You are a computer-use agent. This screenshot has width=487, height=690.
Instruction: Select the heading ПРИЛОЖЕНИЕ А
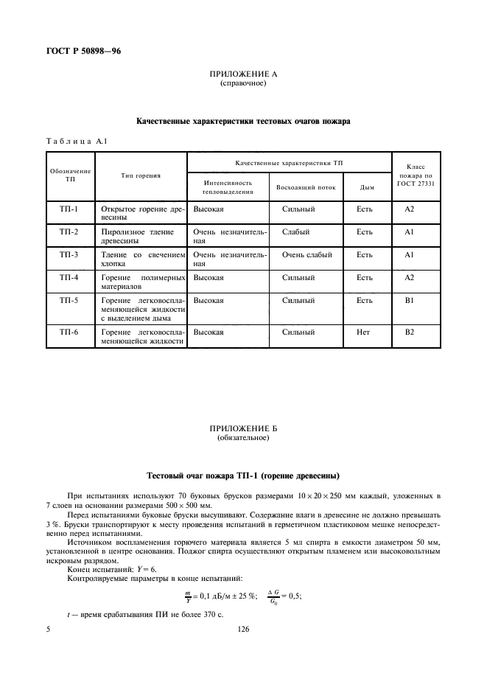click(243, 74)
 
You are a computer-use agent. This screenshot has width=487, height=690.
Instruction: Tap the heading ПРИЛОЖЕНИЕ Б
click(243, 428)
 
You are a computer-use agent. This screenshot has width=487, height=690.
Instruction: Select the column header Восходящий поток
click(306, 187)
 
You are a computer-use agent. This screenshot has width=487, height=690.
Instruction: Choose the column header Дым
click(366, 187)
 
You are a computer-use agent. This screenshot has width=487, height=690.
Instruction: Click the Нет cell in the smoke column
click(363, 332)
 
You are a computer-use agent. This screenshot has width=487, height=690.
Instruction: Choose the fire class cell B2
click(410, 332)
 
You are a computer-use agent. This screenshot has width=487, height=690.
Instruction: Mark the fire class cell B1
click(410, 301)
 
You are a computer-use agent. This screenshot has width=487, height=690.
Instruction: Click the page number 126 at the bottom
click(243, 630)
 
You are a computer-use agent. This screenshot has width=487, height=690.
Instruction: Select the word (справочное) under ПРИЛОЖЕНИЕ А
click(243, 83)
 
